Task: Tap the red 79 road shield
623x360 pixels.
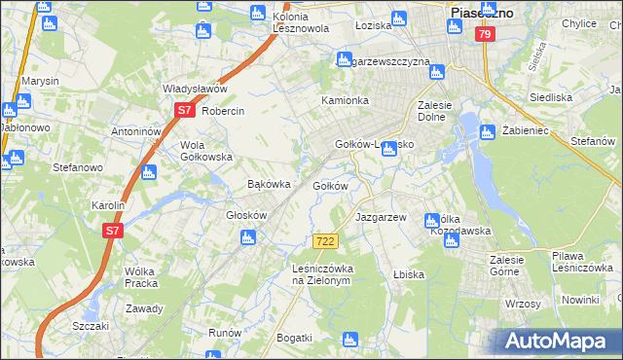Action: (485, 34)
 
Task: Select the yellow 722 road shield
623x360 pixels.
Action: (326, 241)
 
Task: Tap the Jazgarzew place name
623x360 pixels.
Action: (381, 217)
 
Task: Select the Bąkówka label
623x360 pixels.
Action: (270, 184)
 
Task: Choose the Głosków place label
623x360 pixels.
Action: (246, 216)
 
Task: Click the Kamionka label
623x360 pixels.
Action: (346, 101)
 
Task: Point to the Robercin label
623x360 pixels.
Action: (223, 111)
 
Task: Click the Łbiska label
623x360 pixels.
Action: (409, 274)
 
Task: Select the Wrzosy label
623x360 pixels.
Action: (523, 304)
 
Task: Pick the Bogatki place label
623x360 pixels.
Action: (294, 338)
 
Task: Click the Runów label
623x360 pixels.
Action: (224, 332)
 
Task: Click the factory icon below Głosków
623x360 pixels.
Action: (248, 236)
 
